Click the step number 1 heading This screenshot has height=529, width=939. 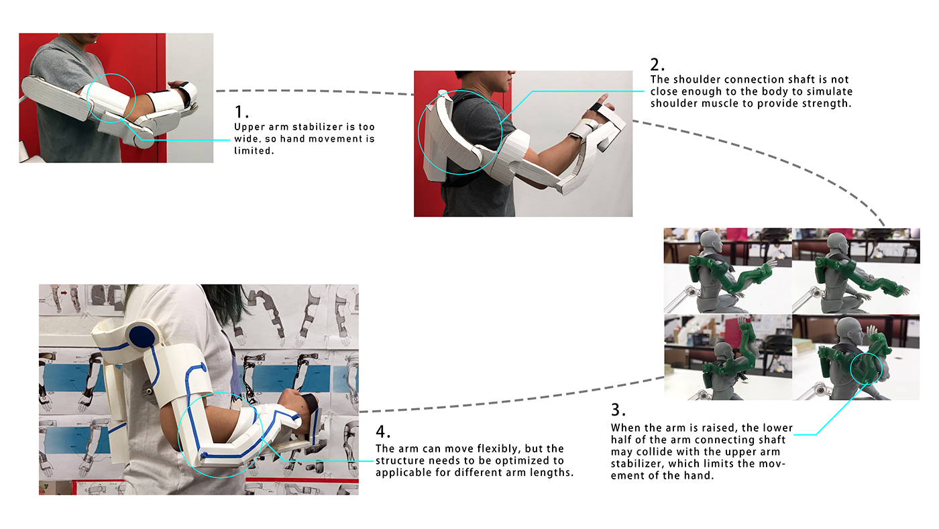point(241,112)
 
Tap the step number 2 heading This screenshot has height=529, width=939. point(657,65)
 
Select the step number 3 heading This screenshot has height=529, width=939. point(618,410)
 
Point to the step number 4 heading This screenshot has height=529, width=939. point(383,431)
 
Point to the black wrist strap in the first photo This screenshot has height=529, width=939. point(185,93)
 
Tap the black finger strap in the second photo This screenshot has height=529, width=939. point(596,108)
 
